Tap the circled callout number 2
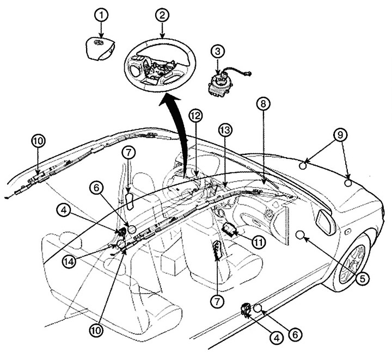pyautogui.click(x=162, y=15)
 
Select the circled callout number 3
pyautogui.click(x=218, y=52)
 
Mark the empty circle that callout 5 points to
pyautogui.click(x=299, y=235)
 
